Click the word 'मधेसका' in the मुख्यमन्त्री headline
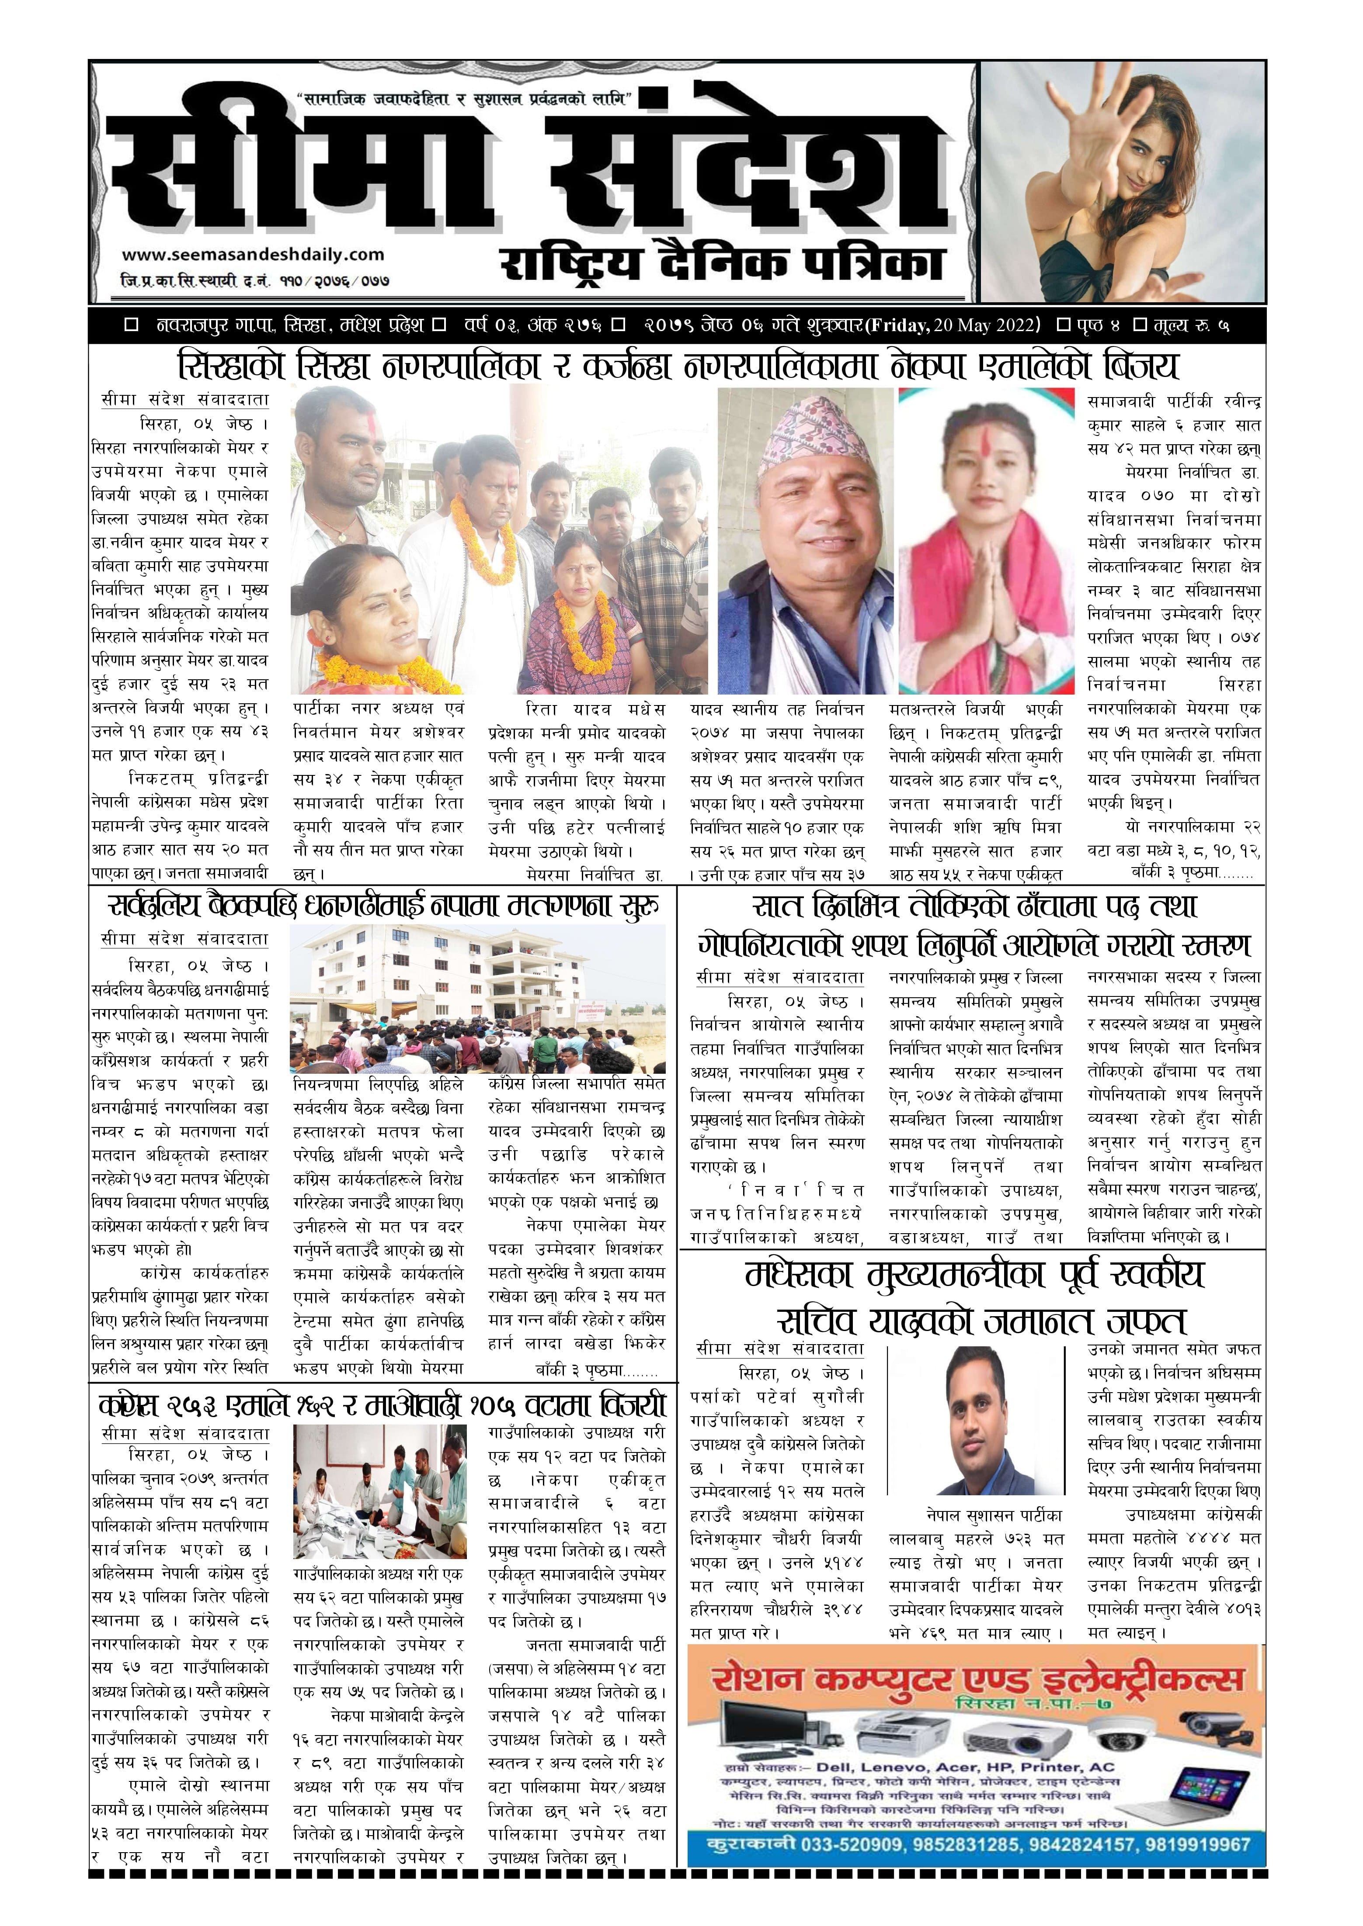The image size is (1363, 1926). coord(806,1275)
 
